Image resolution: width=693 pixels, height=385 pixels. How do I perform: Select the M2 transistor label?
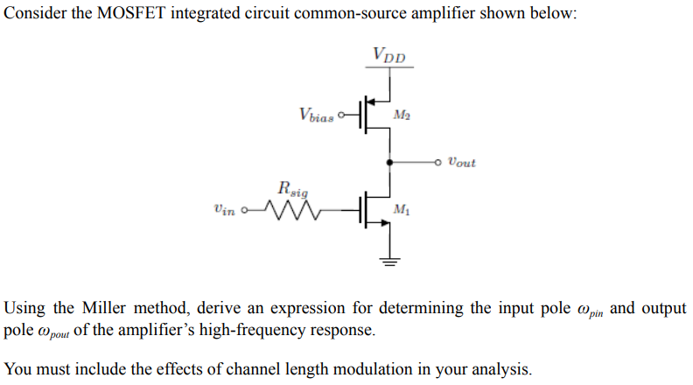(402, 115)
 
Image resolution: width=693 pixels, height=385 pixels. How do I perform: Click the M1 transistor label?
(402, 209)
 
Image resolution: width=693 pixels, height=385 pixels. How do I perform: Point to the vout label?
(460, 162)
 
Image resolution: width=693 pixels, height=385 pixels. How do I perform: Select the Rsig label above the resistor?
(291, 187)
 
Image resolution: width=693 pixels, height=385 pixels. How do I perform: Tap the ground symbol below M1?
(388, 259)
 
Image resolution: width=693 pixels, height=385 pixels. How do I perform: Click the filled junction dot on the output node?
(388, 162)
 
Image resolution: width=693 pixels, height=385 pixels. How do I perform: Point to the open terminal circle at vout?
(438, 162)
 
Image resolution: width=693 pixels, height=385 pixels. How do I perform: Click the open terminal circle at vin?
(246, 210)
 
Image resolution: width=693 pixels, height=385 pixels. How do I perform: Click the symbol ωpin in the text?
(591, 311)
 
